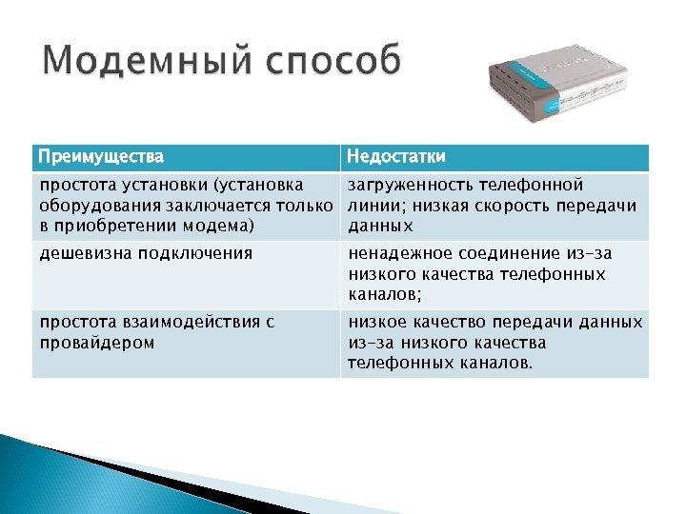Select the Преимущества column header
(x=100, y=156)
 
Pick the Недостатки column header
(x=395, y=156)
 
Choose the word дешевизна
(x=85, y=253)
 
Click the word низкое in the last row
(x=378, y=322)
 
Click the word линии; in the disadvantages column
(x=373, y=205)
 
